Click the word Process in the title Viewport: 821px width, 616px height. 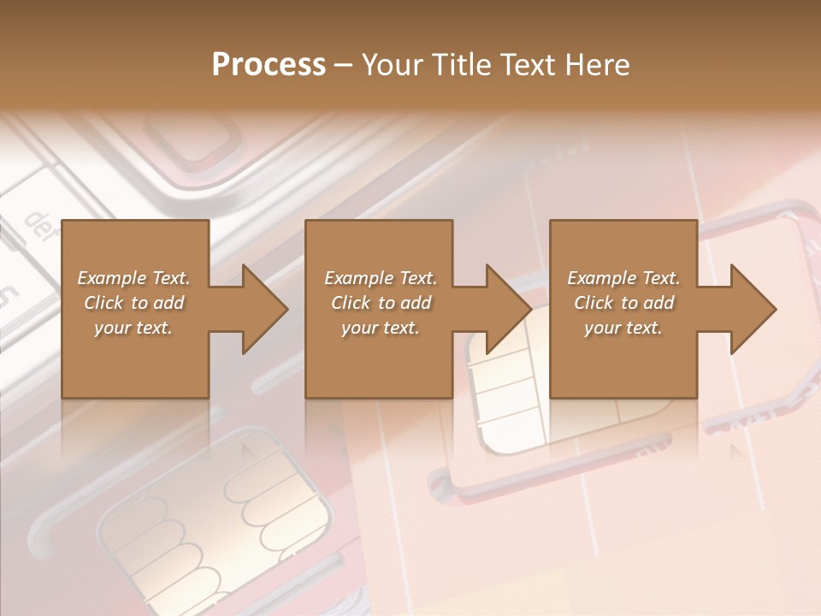tap(269, 65)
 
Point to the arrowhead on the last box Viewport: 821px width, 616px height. tap(752, 309)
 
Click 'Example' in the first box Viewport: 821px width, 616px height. tap(111, 278)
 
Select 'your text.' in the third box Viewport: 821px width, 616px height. tap(623, 328)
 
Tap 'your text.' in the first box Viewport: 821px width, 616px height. tap(133, 328)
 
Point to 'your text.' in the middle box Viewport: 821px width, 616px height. tap(380, 328)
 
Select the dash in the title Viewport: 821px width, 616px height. tap(343, 65)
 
